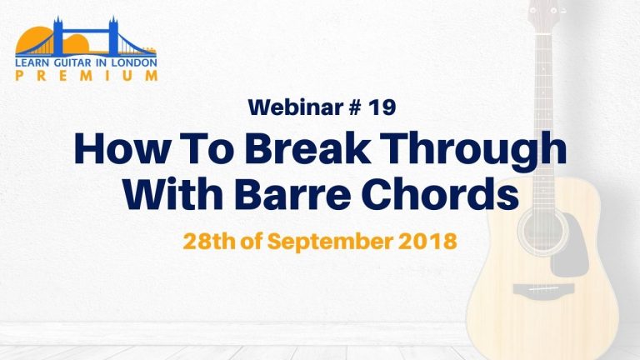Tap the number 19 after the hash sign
pyautogui.click(x=382, y=107)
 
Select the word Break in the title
pyautogui.click(x=308, y=147)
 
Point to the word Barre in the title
pyautogui.click(x=292, y=192)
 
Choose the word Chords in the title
pyautogui.click(x=440, y=192)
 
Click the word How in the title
pyautogui.click(x=121, y=147)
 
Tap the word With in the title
pyautogui.click(x=173, y=192)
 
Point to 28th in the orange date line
pyautogui.click(x=209, y=241)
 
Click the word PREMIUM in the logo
pyautogui.click(x=87, y=76)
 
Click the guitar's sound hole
pyautogui.click(x=542, y=232)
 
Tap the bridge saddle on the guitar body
pyautogui.click(x=543, y=289)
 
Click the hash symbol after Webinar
pyautogui.click(x=356, y=107)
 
